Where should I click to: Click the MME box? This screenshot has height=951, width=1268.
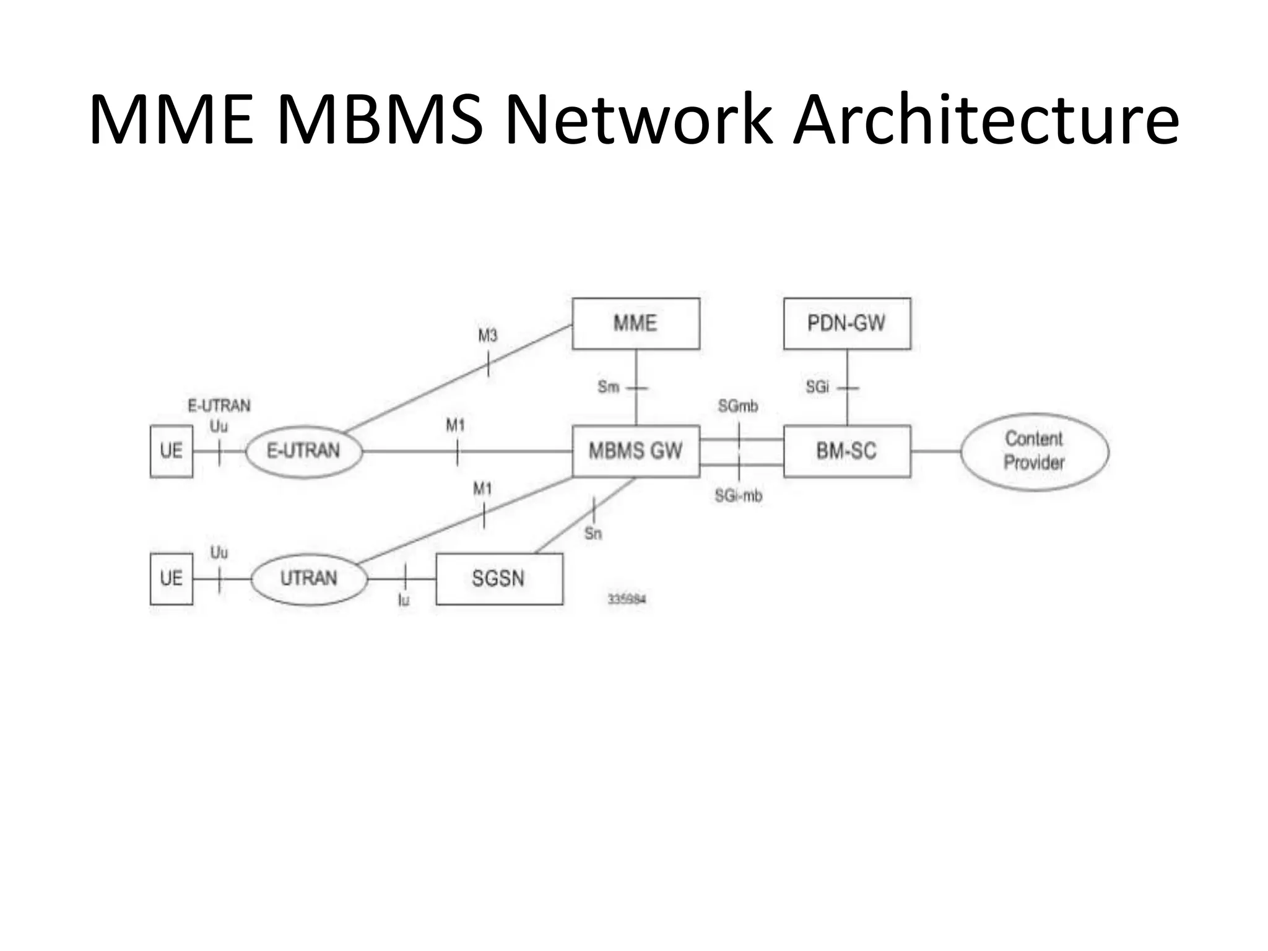coord(636,323)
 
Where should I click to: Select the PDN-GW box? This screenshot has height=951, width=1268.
coord(846,323)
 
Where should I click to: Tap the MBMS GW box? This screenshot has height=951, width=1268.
coord(636,451)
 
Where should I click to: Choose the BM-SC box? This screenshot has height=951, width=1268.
coord(846,451)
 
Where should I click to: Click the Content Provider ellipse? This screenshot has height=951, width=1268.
coord(1034,451)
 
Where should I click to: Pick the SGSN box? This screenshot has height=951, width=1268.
coord(499,578)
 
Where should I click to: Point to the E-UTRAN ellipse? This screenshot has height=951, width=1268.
coord(303,451)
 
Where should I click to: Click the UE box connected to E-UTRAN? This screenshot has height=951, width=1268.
coord(172,451)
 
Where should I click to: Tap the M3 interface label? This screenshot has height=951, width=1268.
coord(487,336)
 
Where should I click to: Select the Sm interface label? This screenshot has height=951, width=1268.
coord(608,387)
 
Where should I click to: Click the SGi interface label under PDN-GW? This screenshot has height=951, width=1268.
coord(817,387)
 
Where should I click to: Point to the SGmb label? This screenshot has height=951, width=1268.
coord(737,407)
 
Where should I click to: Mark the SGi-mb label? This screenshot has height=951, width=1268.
coord(738,496)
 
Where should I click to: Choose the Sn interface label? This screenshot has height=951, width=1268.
coord(593,534)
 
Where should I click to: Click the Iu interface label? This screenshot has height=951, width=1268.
coord(404,599)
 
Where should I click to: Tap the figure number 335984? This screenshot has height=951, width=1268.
coord(627,599)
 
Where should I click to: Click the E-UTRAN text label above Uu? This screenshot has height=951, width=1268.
coord(219,406)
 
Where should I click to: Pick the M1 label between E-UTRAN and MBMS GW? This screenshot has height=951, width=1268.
coord(455,425)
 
